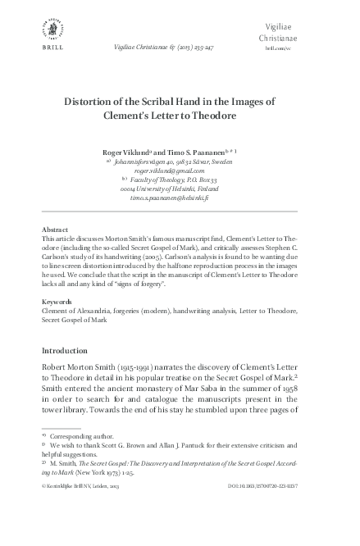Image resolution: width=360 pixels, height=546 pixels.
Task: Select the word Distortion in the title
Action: coord(96,102)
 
